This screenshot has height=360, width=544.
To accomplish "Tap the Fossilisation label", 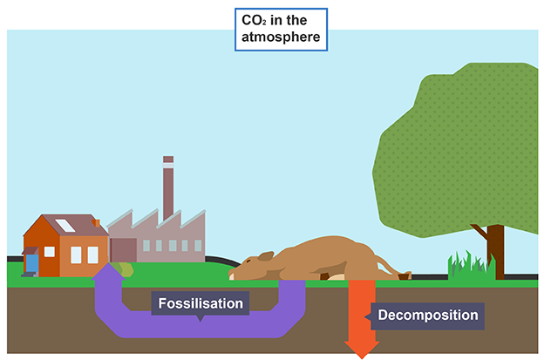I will click(200, 304).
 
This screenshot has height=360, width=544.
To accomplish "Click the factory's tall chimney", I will click(168, 192).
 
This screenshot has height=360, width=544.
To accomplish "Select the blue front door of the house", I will click(31, 262).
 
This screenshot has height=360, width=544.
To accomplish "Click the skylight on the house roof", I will click(65, 226).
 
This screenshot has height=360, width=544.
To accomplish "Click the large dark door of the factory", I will click(123, 248).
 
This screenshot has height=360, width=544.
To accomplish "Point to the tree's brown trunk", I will click(494, 252).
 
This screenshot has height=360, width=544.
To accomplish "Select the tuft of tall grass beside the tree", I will click(464, 265).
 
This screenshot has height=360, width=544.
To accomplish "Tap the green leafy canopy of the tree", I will click(458, 148).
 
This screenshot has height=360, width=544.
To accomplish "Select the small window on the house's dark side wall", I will click(50, 252).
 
